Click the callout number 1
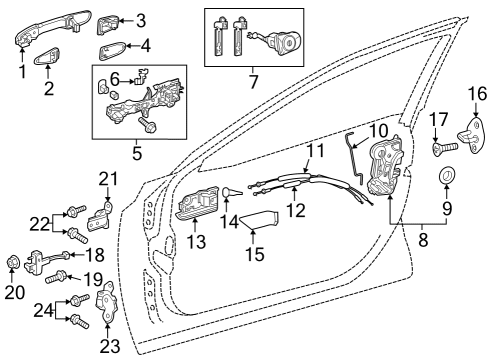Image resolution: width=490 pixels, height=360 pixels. [x=22, y=72]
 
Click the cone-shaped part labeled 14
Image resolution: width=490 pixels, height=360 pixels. [x=229, y=194]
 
